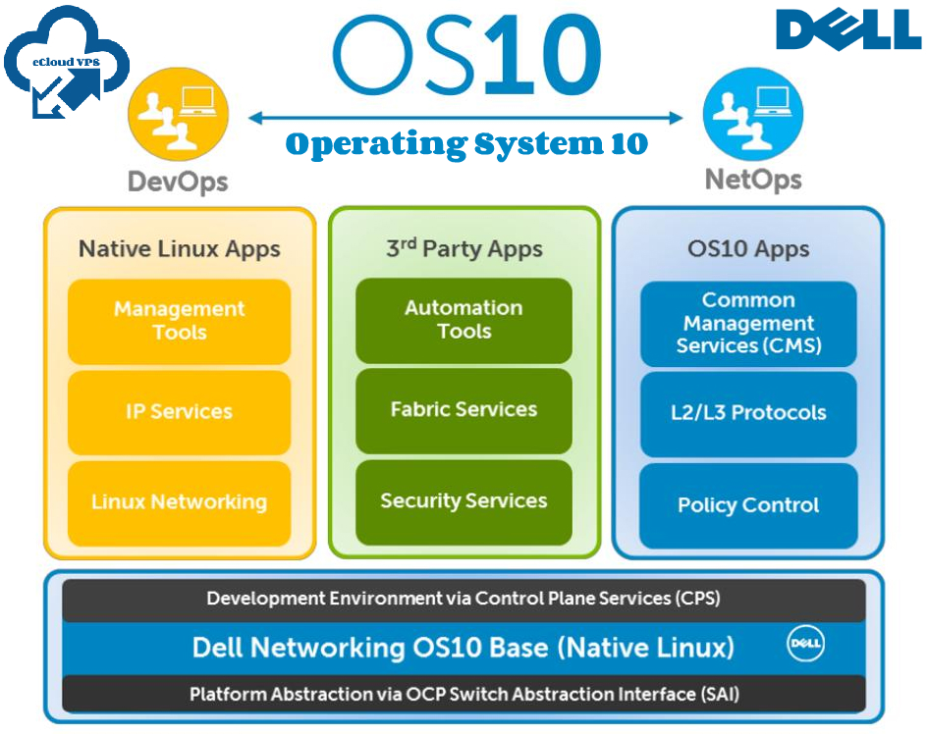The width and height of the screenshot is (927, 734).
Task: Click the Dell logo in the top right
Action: [x=848, y=29]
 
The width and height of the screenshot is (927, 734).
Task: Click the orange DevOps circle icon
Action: [x=178, y=114]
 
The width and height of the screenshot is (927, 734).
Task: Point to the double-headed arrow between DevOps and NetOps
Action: [x=464, y=119]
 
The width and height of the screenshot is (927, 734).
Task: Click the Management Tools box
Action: [x=179, y=321]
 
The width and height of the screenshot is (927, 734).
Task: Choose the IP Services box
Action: [x=179, y=411]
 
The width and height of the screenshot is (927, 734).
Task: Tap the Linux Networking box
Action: [x=179, y=502]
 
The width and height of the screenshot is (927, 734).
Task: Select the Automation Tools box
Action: [x=463, y=320]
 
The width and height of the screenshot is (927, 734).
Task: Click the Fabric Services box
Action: [x=463, y=410]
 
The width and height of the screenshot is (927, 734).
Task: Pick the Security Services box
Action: [x=463, y=501]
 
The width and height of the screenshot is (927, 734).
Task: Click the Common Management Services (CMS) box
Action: [x=748, y=323]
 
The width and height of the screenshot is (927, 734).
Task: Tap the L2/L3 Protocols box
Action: [x=748, y=413]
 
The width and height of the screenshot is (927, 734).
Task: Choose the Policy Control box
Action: [x=748, y=505]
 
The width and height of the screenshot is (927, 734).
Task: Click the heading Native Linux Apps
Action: [x=179, y=248]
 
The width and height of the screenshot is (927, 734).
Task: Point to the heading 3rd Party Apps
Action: [x=463, y=248]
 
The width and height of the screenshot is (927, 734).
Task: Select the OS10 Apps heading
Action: [x=748, y=248]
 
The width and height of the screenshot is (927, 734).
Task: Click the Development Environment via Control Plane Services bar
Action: [x=463, y=599]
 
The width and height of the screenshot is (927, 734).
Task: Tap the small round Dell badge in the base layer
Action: [x=805, y=645]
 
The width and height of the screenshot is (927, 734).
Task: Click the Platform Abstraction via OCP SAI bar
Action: [x=463, y=695]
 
